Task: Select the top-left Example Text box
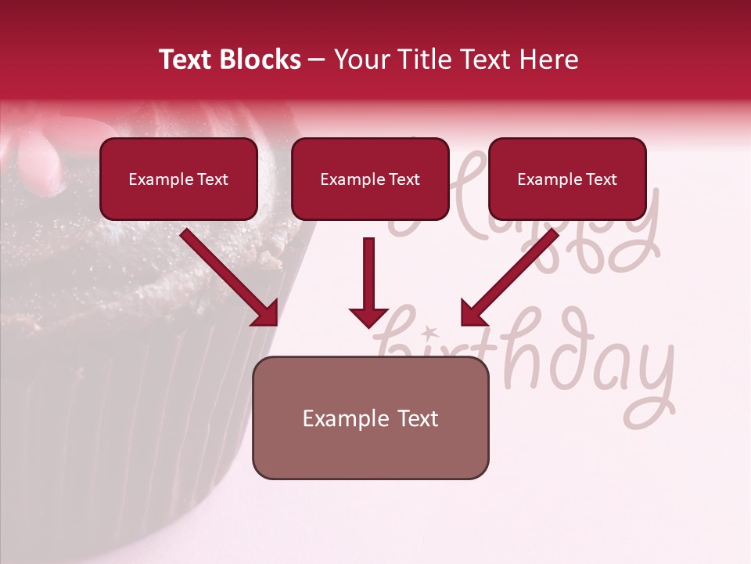178,179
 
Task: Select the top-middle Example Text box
370,179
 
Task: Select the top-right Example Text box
567,179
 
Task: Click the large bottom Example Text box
370,418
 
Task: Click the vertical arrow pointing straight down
369,274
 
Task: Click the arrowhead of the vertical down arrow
369,316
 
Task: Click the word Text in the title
187,60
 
